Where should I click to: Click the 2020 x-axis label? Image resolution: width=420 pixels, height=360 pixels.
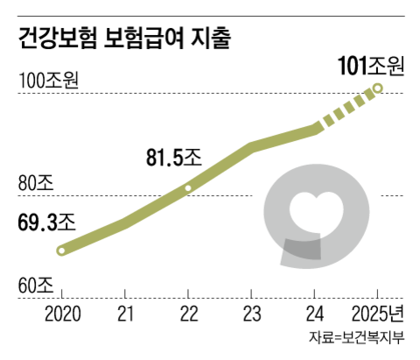(x=61, y=313)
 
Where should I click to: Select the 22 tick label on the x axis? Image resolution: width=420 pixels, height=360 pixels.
(x=188, y=313)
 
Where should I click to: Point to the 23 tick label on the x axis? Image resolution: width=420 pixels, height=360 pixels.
(x=252, y=313)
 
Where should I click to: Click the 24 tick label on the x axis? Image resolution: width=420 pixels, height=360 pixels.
(x=315, y=313)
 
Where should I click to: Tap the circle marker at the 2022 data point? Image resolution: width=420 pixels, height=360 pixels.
(x=188, y=188)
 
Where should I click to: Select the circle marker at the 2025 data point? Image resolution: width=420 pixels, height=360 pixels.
(x=378, y=88)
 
